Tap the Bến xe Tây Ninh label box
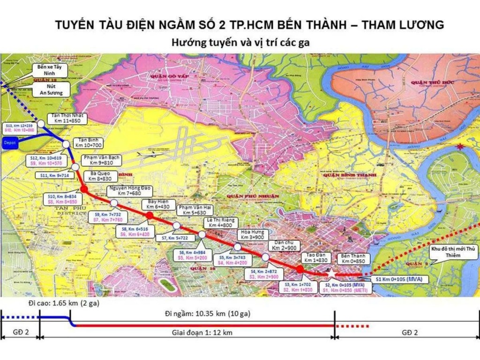coord(52,70)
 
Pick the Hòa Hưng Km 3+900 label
coord(252,234)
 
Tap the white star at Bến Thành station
coord(330,273)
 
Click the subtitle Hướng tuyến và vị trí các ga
coord(240,42)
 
